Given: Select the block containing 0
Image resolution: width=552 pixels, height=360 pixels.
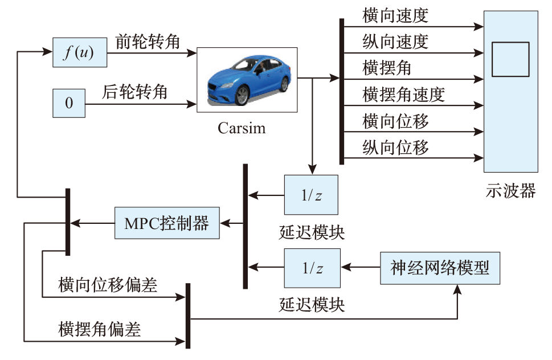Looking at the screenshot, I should click(x=68, y=103).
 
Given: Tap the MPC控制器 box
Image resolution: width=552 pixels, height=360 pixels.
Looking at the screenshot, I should click(x=166, y=223).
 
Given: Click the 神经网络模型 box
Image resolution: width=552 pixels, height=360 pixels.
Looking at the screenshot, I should click(x=440, y=267).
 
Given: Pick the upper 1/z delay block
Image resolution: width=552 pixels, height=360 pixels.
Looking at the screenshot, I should click(x=311, y=195).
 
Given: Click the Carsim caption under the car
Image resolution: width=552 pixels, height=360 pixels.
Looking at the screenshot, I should click(x=242, y=127).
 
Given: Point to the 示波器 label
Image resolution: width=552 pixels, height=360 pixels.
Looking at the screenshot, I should click(x=510, y=190).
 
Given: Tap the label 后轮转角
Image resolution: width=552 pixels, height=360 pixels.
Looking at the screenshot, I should click(x=135, y=92).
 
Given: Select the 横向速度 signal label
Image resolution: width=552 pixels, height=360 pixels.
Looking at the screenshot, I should click(x=395, y=16).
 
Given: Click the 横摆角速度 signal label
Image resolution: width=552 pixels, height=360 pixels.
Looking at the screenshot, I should click(x=403, y=95).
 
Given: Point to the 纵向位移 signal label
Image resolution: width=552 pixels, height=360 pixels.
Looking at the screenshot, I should click(x=395, y=148).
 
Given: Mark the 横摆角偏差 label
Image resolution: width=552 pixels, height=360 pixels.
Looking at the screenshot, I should click(x=100, y=329).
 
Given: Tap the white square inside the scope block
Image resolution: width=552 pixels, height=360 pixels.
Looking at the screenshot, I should click(x=510, y=59).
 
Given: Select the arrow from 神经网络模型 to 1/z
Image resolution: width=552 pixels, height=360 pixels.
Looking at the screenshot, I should click(x=361, y=267).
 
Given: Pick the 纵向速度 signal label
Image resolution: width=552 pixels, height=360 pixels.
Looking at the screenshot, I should click(x=395, y=42).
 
